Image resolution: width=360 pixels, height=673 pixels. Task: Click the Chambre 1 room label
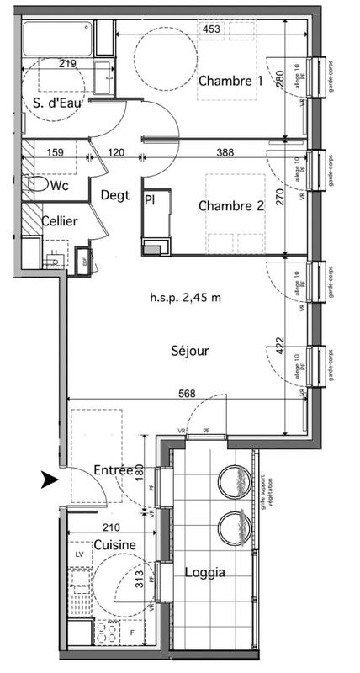pos(230,82)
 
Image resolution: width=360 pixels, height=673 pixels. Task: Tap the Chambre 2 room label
pos(230,206)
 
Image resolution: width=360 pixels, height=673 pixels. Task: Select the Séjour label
pos(191,351)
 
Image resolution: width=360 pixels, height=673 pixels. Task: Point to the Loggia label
pos(204,572)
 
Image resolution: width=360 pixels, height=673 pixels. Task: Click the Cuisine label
pos(114,545)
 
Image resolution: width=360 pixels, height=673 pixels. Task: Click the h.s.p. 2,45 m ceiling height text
pos(186,298)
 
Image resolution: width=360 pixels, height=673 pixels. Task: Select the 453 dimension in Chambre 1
pos(213,29)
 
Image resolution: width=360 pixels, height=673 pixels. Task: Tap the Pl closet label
pos(150,200)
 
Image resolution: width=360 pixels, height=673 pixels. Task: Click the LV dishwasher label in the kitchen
pos(79,556)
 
